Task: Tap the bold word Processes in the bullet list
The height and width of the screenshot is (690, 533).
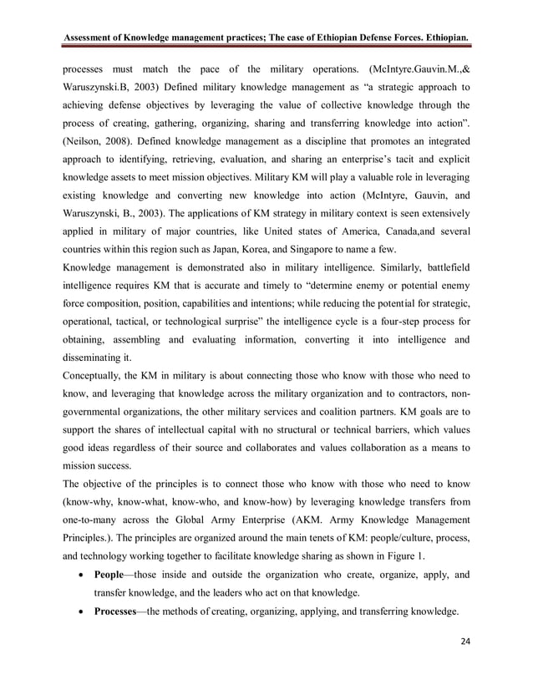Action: point(119,611)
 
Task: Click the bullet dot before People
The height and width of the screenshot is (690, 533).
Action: point(78,576)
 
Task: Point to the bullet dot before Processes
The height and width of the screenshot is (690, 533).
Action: point(78,611)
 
